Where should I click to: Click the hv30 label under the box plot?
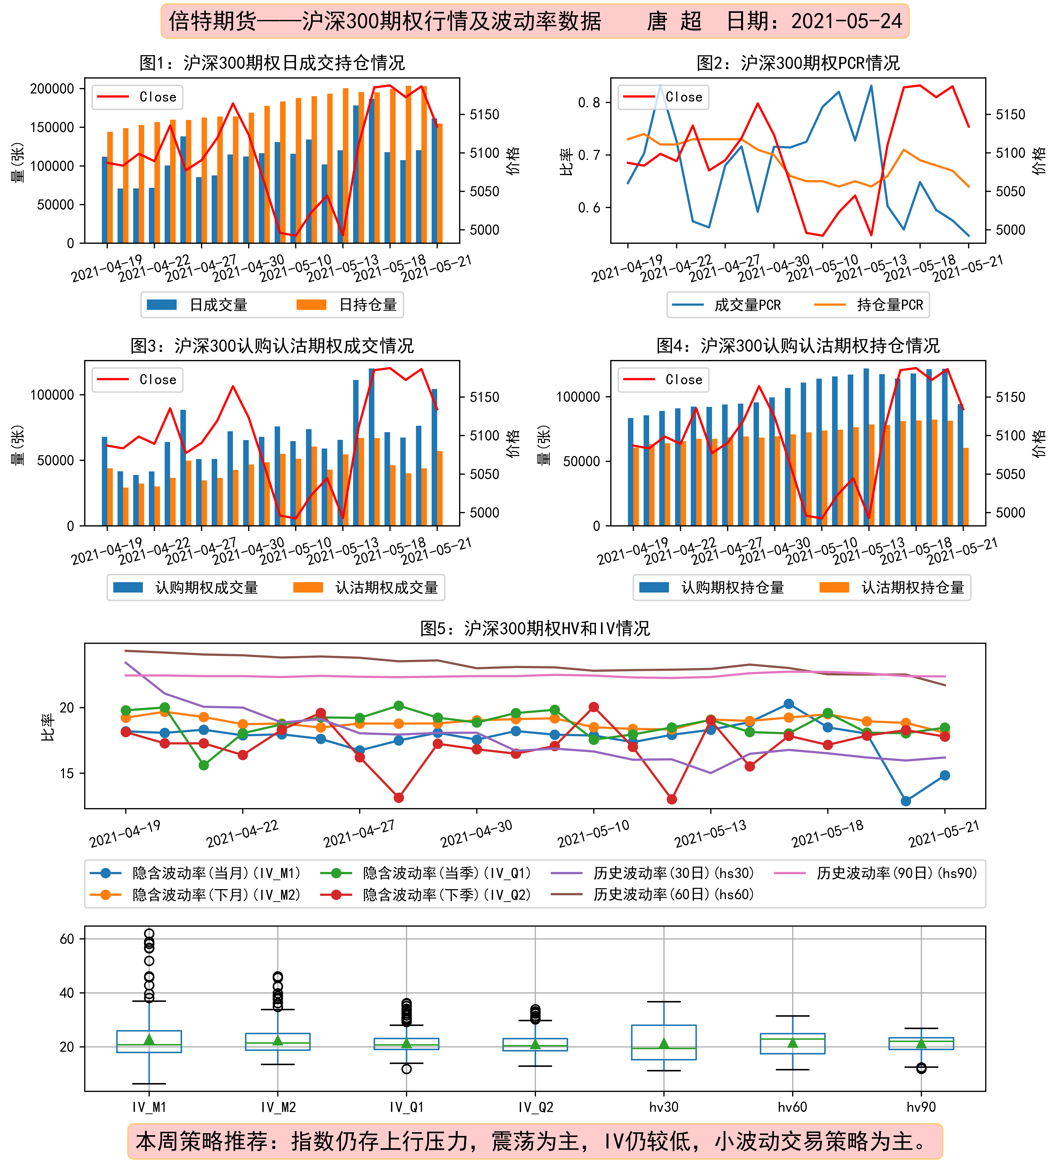[x=664, y=1106]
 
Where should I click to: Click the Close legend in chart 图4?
[x=663, y=380]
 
